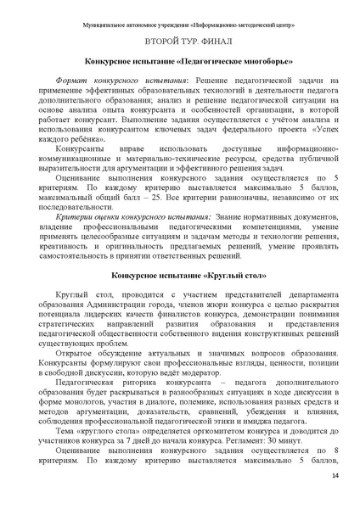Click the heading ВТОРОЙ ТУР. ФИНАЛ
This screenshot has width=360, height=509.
179,39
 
